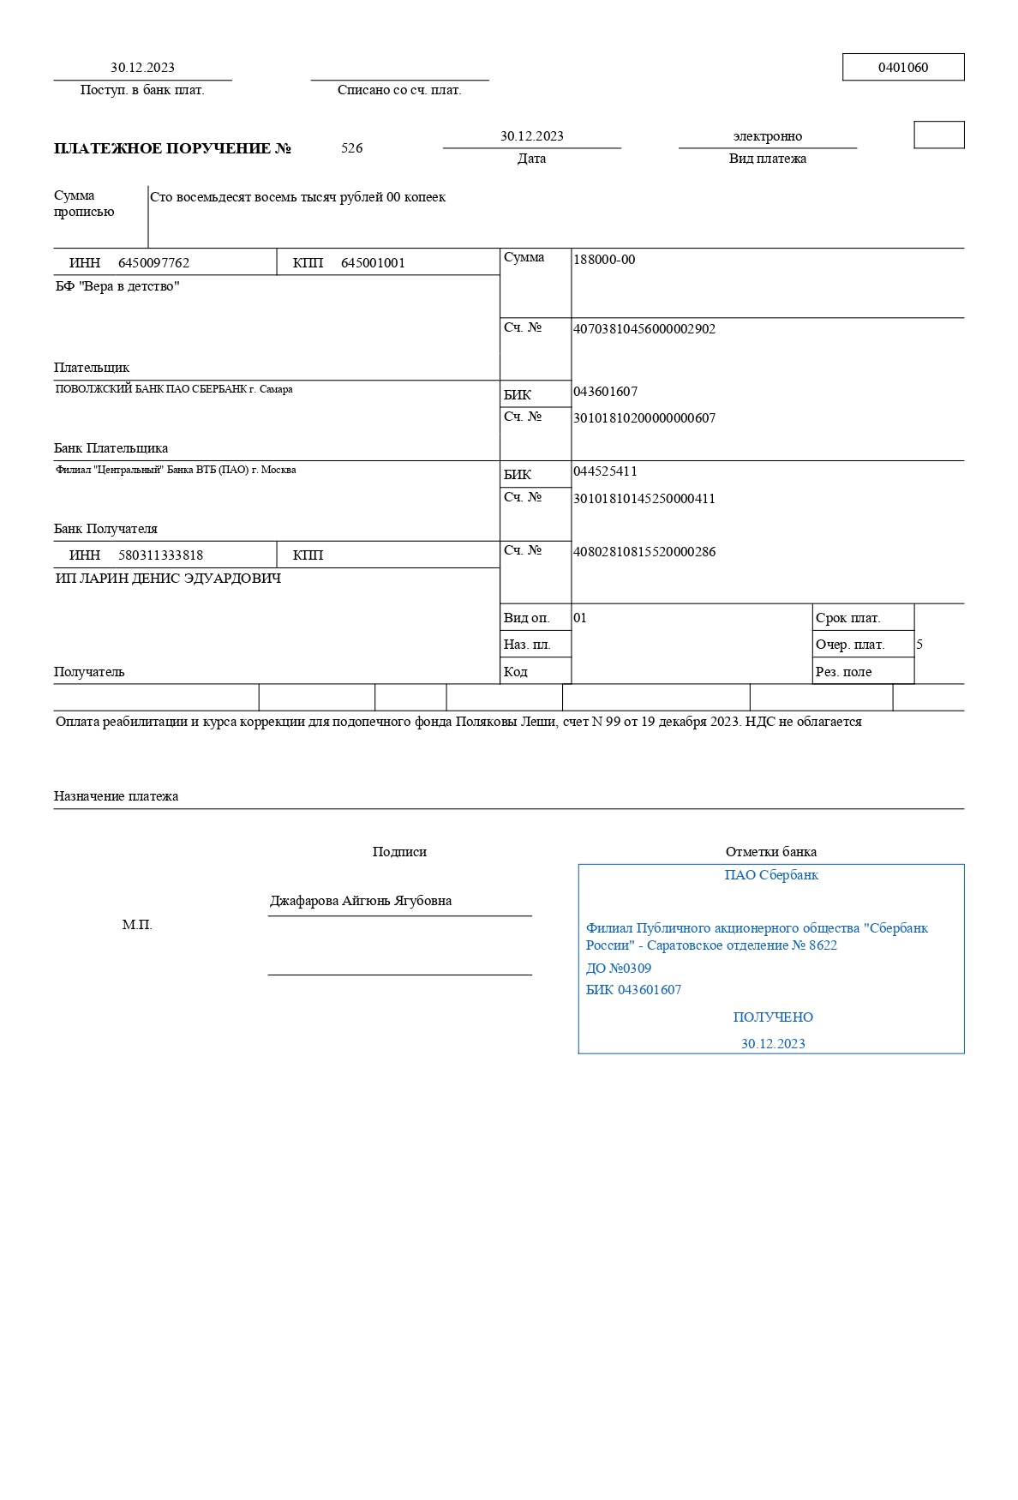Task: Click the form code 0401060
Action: pyautogui.click(x=903, y=68)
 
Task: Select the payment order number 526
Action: pyautogui.click(x=351, y=148)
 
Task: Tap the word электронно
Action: pyautogui.click(x=768, y=136)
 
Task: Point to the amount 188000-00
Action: pyautogui.click(x=604, y=260)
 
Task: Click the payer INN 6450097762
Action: pyautogui.click(x=153, y=263)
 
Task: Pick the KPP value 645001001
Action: pyautogui.click(x=373, y=263)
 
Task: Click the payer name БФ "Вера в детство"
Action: pyautogui.click(x=117, y=286)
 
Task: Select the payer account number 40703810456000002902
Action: pyautogui.click(x=644, y=329)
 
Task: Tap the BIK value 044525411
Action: pyautogui.click(x=605, y=471)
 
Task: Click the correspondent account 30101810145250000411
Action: pyautogui.click(x=644, y=499)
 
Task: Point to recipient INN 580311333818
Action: pyautogui.click(x=160, y=555)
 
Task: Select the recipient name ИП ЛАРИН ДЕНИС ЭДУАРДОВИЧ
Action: pyautogui.click(x=168, y=579)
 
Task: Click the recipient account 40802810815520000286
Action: pyautogui.click(x=644, y=552)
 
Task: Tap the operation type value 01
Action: pyautogui.click(x=580, y=618)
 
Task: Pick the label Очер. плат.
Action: pyautogui.click(x=850, y=645)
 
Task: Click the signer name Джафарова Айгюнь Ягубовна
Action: pyautogui.click(x=361, y=901)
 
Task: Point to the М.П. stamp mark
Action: pyautogui.click(x=137, y=925)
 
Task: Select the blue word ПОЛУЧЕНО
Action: pyautogui.click(x=773, y=1017)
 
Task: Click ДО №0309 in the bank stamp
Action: pyautogui.click(x=619, y=969)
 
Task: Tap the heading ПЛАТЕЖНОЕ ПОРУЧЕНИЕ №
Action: pyautogui.click(x=173, y=148)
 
